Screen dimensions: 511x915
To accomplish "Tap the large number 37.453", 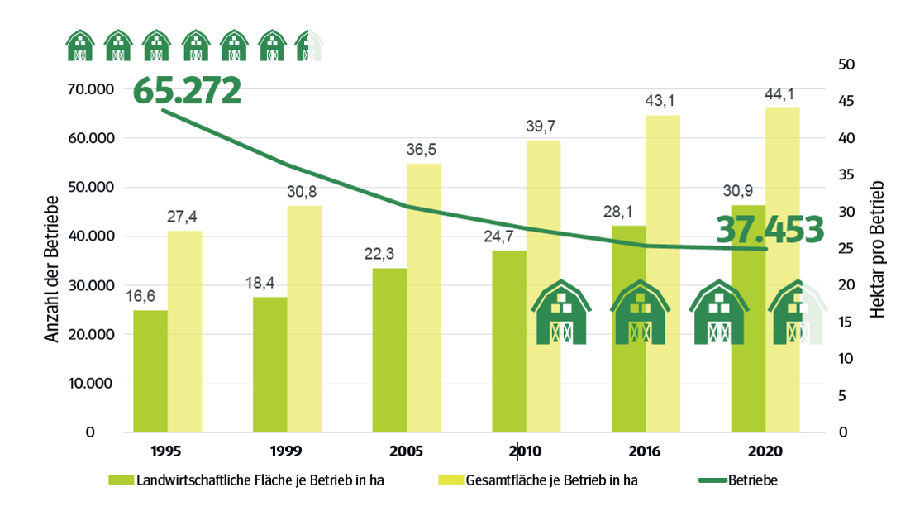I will click(x=770, y=229).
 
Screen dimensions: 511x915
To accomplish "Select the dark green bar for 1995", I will click(x=150, y=371).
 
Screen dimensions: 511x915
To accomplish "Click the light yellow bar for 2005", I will click(x=423, y=298).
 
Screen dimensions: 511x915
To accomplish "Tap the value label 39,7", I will click(x=543, y=127).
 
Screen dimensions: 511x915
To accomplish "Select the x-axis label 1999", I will click(x=284, y=452).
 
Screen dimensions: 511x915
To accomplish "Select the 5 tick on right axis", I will click(x=841, y=395).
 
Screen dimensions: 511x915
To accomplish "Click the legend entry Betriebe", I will click(x=751, y=480).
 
